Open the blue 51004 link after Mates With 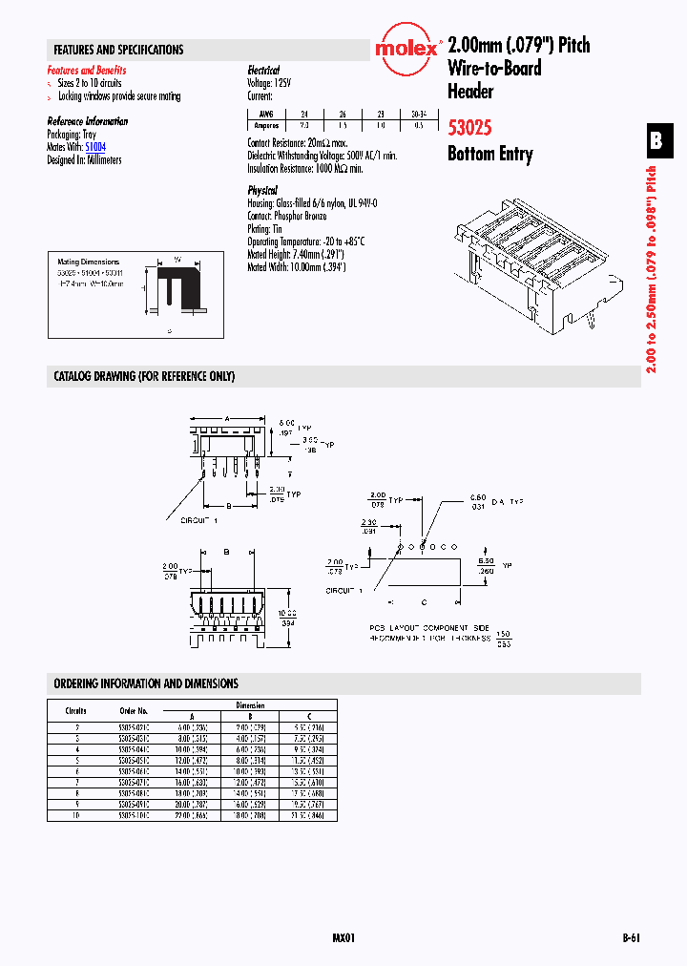(95, 148)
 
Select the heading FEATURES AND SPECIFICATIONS (118, 50)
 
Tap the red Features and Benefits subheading (87, 71)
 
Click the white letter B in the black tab (656, 141)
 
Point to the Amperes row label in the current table (265, 125)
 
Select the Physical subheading (262, 191)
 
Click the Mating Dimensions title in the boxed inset (89, 262)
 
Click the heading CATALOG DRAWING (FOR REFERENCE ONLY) (144, 376)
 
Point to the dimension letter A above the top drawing (226, 418)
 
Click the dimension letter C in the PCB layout (424, 602)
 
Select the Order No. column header (134, 711)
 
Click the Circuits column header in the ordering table (76, 711)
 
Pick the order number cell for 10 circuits (134, 816)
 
